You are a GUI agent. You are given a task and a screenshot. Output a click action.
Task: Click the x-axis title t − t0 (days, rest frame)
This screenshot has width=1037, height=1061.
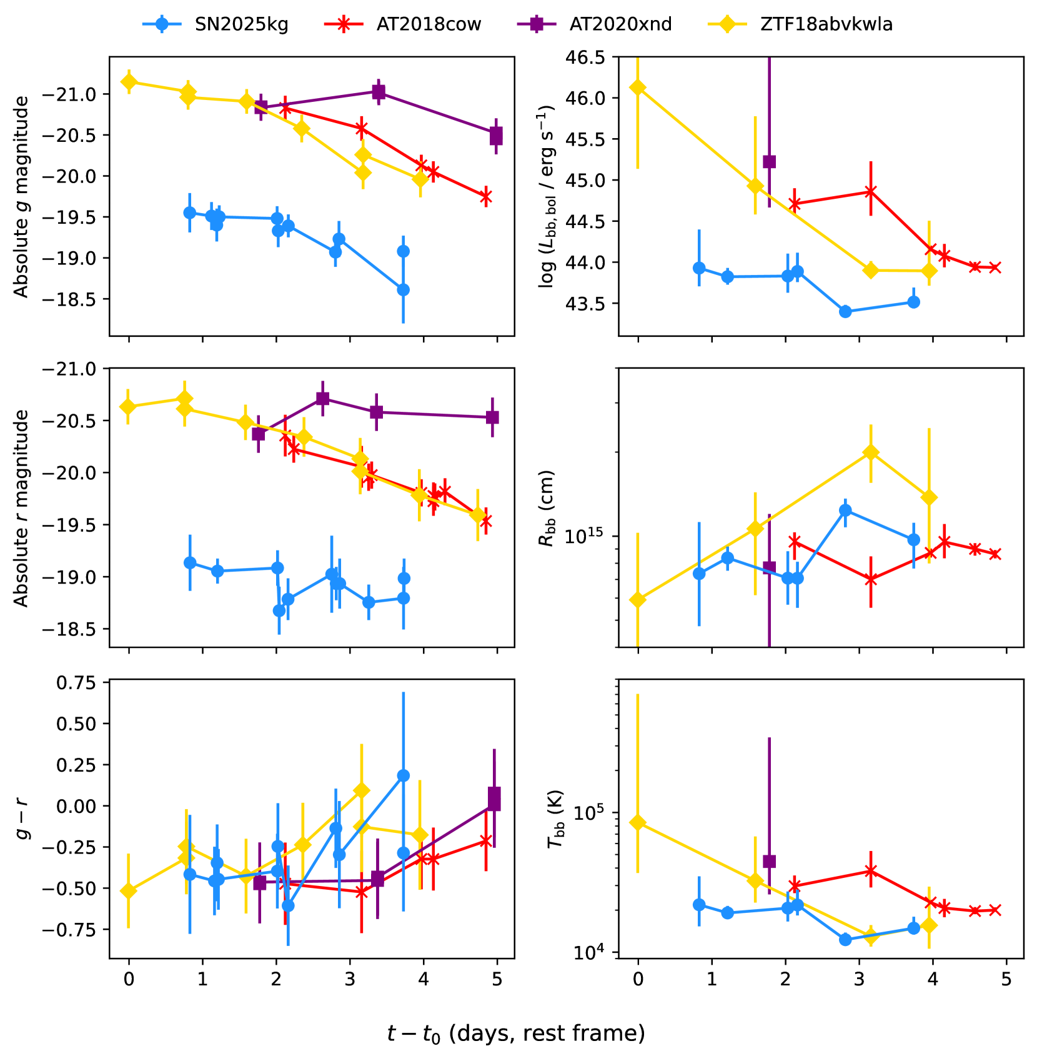click(516, 1034)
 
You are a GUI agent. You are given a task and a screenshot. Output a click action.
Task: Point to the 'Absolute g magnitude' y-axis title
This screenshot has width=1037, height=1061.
click(22, 197)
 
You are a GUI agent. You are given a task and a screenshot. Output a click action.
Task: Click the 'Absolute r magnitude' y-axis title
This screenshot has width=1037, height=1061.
click(22, 508)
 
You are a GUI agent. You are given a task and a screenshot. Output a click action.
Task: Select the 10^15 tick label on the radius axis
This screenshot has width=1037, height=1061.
click(586, 535)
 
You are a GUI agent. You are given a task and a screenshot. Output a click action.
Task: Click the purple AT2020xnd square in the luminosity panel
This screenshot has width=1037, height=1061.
click(770, 162)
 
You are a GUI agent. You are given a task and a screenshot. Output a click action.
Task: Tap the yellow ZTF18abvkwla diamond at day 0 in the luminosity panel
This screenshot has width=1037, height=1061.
click(638, 87)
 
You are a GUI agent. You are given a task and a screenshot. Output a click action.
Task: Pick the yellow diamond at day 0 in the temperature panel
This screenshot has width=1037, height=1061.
click(638, 822)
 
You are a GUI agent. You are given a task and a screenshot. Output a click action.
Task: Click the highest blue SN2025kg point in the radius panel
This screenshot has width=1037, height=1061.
click(845, 510)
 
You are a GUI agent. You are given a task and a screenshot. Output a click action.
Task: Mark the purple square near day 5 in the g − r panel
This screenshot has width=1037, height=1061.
click(494, 798)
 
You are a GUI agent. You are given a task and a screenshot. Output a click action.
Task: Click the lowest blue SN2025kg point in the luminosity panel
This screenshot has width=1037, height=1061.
click(845, 312)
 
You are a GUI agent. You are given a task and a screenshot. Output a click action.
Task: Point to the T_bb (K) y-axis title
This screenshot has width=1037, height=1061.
click(555, 819)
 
